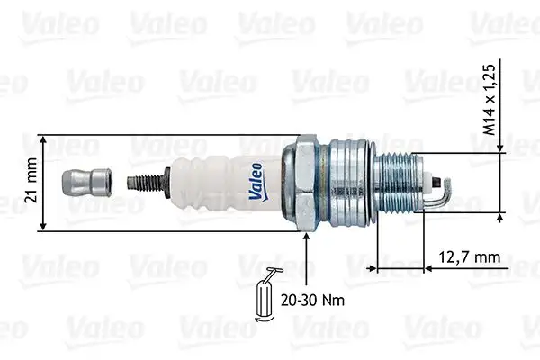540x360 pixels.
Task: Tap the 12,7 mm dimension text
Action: pyautogui.click(x=469, y=257)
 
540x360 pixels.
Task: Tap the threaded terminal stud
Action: pyautogui.click(x=149, y=184)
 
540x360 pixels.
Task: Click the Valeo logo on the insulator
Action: pyautogui.click(x=256, y=177)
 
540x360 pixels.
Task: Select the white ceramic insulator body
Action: pyautogui.click(x=225, y=184)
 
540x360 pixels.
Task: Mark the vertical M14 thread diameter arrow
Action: pyautogui.click(x=499, y=184)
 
